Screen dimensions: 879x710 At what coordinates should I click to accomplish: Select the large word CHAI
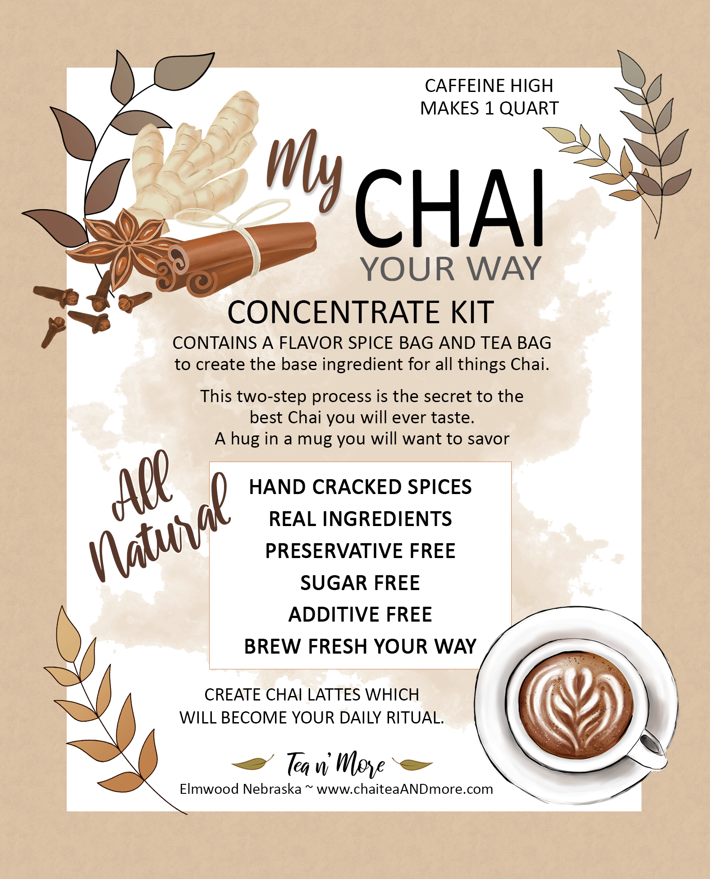click(x=450, y=208)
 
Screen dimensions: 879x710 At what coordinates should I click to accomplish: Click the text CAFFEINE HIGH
click(x=489, y=86)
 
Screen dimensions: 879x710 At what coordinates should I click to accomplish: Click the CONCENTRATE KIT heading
click(x=361, y=312)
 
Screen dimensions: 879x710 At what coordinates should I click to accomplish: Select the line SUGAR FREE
click(x=360, y=583)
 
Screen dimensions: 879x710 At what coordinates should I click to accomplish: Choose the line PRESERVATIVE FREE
click(x=360, y=551)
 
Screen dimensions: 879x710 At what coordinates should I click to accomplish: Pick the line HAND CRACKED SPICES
click(x=360, y=487)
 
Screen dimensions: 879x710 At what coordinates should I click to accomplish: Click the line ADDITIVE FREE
click(x=360, y=614)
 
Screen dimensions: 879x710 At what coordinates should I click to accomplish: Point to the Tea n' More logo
click(x=335, y=764)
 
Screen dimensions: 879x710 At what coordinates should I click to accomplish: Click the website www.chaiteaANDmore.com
click(x=404, y=789)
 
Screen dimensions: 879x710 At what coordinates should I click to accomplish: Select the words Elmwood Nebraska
click(x=240, y=789)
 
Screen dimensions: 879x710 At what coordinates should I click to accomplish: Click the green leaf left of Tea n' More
click(x=252, y=763)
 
